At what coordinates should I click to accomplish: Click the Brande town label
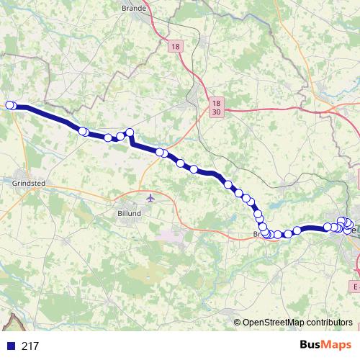pos(155,9)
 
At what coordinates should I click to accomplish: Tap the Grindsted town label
pos(29,184)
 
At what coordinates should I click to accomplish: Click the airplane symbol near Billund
pos(150,197)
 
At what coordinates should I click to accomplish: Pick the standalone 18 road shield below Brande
pos(176,47)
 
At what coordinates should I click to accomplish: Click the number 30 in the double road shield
pos(217,112)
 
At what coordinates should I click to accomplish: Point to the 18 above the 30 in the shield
pos(217,103)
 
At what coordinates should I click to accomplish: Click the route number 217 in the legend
pos(30,346)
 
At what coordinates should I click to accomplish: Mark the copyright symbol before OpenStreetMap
pos(238,323)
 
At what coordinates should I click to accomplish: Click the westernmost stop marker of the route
pos(10,106)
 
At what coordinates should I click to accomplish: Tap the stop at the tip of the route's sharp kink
pos(130,132)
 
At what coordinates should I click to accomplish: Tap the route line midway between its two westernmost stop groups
pos(48,117)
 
